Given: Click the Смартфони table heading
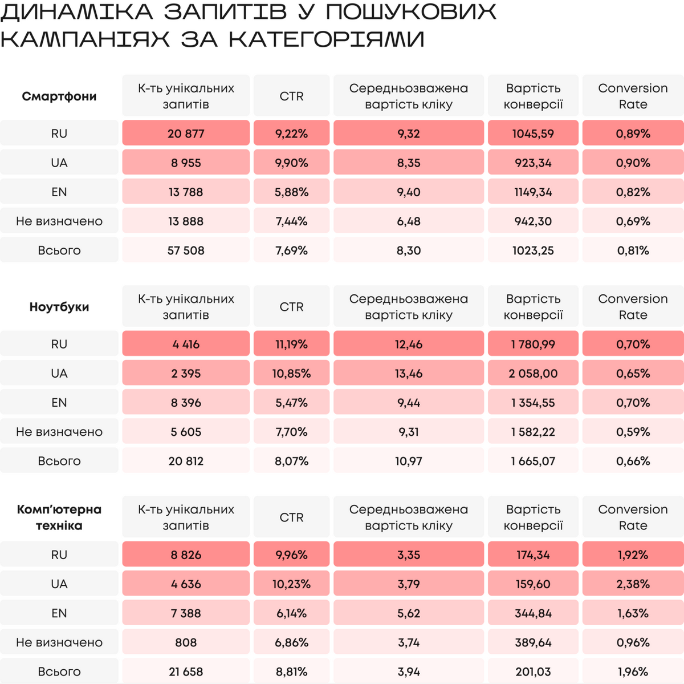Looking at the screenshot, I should [59, 96].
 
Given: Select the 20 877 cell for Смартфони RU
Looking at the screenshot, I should [186, 133].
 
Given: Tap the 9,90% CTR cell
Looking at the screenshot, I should [291, 163].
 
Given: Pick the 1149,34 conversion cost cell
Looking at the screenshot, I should [533, 192].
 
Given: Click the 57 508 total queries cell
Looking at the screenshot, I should [186, 250].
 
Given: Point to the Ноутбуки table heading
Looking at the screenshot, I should [59, 307].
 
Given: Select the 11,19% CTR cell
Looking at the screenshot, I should [291, 344].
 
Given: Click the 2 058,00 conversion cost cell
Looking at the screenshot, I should [533, 374].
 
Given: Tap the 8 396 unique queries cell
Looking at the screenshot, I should [186, 403].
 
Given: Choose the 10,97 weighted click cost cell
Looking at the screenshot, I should [409, 461].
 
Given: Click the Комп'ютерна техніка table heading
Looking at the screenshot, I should [59, 517].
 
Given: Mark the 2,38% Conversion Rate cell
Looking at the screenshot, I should [633, 584].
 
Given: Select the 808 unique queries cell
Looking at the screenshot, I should [186, 642].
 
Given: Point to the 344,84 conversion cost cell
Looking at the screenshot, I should [533, 613].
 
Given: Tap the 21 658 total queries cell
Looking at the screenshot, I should [186, 671].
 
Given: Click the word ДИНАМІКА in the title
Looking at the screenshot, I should [77, 12].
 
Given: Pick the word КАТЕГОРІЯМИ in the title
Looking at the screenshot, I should [327, 39].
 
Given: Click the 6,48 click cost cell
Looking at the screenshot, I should [409, 221].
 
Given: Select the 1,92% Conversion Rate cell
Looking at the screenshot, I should [633, 555].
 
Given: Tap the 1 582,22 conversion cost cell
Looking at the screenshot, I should [533, 432].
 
